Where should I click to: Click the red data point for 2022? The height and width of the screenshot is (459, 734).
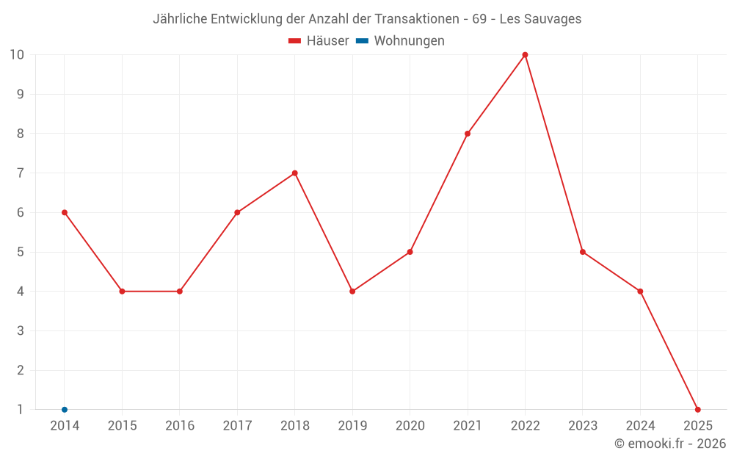pos(525,55)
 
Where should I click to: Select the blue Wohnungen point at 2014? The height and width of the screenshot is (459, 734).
pos(65,410)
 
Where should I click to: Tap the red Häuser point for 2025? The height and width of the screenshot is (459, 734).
pos(697,410)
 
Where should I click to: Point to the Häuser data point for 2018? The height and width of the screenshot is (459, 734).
pos(294,173)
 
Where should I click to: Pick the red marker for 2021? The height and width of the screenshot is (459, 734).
pos(468,134)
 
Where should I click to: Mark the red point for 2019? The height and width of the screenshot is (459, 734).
pos(352,292)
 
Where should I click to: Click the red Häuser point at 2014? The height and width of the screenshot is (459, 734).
pos(65,213)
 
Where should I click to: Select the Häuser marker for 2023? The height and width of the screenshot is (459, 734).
pos(583,252)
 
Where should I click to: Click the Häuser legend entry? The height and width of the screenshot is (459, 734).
pos(319,41)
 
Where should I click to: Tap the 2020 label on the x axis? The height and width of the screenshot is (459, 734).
pos(410,426)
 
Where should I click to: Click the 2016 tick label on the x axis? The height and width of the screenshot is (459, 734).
pos(180,426)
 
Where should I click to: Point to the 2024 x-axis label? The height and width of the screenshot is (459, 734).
pos(640,426)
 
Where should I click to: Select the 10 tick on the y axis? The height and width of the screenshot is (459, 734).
pos(17,55)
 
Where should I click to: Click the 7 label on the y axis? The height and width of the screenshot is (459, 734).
pos(21,173)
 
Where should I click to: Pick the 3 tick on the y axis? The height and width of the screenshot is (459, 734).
pos(21,331)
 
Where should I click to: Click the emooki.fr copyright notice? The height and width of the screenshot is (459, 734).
pos(669,444)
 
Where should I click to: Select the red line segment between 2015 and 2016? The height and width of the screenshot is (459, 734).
pos(151,292)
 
